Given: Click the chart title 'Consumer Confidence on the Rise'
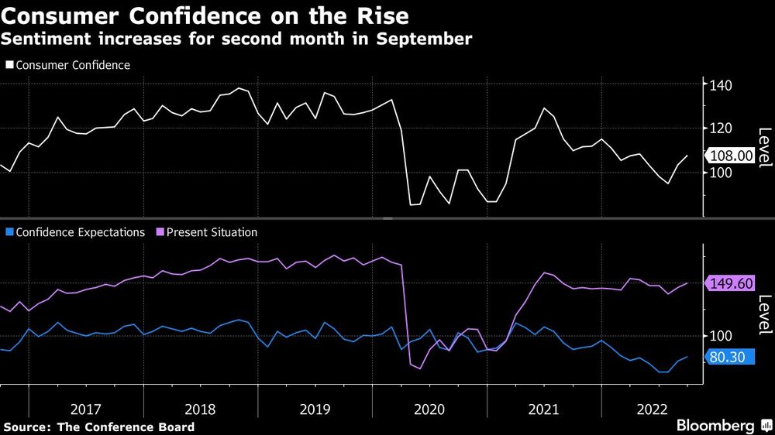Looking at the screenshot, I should pyautogui.click(x=205, y=15).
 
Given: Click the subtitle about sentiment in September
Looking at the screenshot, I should pyautogui.click(x=236, y=39).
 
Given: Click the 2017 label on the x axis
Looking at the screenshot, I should pyautogui.click(x=86, y=408).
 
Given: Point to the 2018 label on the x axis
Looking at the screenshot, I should pyautogui.click(x=201, y=408).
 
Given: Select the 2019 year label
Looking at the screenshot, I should pyautogui.click(x=315, y=408).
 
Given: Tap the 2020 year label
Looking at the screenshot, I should pyautogui.click(x=430, y=408).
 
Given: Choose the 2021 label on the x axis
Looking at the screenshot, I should pyautogui.click(x=545, y=408).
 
